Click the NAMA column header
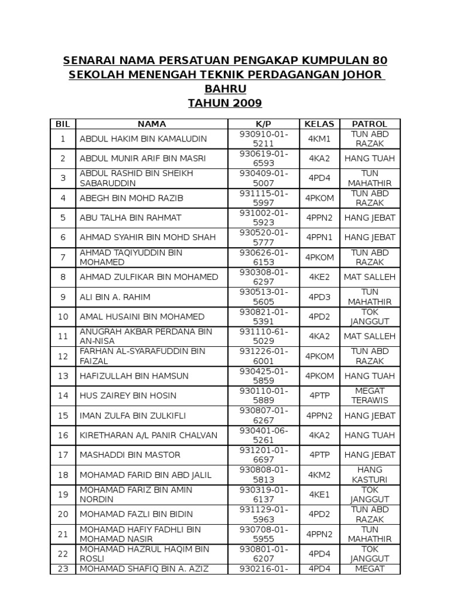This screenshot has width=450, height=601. pos(152,124)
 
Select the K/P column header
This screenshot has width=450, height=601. pos(264,124)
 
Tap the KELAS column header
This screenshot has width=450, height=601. pos(319,124)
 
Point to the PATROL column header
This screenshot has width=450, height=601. pos(369,124)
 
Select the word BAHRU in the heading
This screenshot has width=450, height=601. pos(225,89)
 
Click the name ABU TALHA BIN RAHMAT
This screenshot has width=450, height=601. pos(131,218)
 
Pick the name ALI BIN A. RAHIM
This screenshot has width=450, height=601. pos(115,297)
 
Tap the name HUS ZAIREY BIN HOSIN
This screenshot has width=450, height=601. pos(128,396)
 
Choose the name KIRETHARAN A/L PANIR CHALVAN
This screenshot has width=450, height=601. pos(148,435)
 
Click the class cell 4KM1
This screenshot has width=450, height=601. pos(319,139)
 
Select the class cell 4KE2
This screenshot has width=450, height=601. pos(319,277)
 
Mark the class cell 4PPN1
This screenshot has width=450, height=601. pos(319,238)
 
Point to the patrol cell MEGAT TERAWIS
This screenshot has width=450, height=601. pos(369,396)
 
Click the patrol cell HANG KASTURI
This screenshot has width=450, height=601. pos(369,475)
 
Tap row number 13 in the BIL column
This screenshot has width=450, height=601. pos(63,376)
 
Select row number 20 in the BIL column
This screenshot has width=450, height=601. pos(63,514)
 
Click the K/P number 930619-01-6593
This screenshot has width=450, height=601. pos(264,158)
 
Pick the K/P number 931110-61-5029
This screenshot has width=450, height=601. pos(264,336)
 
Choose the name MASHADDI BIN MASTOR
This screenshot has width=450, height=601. pos(130,455)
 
